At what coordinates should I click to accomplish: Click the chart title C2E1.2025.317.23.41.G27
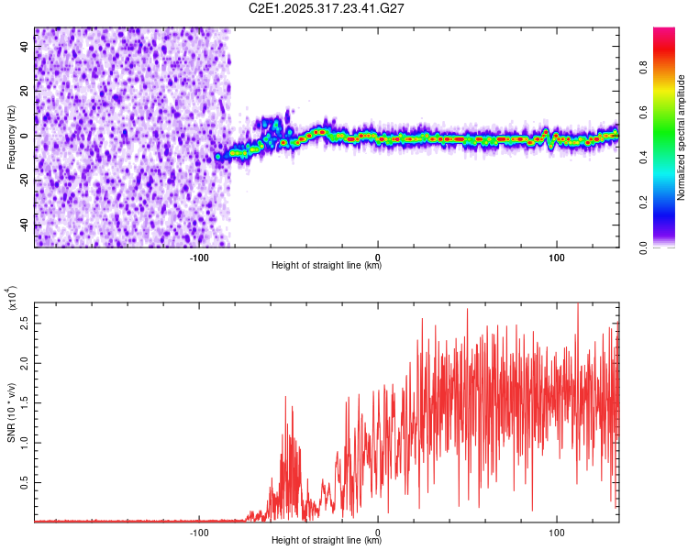327,8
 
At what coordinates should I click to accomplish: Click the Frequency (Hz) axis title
11,138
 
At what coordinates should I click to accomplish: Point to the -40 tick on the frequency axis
23,225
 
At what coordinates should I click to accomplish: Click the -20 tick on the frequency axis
23,180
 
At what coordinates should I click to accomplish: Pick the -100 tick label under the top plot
199,256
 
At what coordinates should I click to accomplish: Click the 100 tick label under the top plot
556,256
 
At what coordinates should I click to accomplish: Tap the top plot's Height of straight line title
327,266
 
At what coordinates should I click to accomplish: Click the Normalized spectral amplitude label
682,137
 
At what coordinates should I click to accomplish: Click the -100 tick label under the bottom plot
199,531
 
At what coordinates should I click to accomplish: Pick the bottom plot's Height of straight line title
327,541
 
